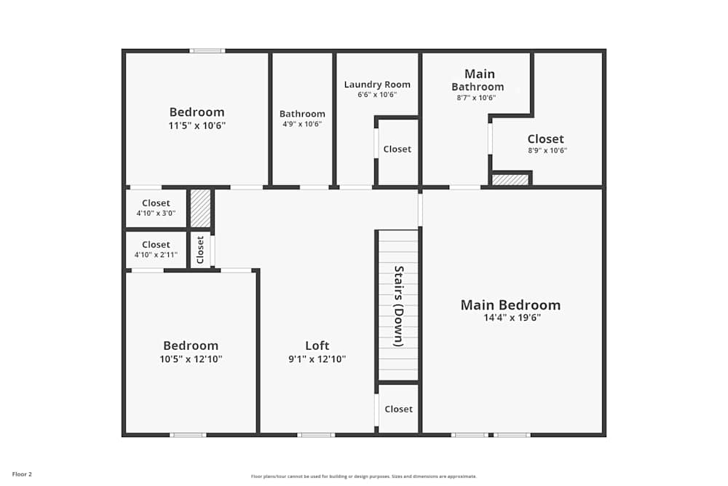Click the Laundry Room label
(377, 85)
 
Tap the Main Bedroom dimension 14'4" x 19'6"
(512, 318)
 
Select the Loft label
(317, 345)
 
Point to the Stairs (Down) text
(399, 306)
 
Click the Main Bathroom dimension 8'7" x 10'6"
(476, 98)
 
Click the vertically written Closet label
(200, 249)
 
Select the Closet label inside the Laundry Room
(397, 149)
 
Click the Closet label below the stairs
(398, 409)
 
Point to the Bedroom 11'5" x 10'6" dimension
(197, 125)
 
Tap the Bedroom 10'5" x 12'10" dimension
(191, 358)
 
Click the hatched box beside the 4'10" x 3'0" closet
(200, 208)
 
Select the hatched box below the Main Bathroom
(510, 179)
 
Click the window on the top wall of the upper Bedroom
(207, 50)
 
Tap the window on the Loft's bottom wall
(316, 435)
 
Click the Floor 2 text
(22, 474)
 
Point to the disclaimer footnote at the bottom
(364, 477)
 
